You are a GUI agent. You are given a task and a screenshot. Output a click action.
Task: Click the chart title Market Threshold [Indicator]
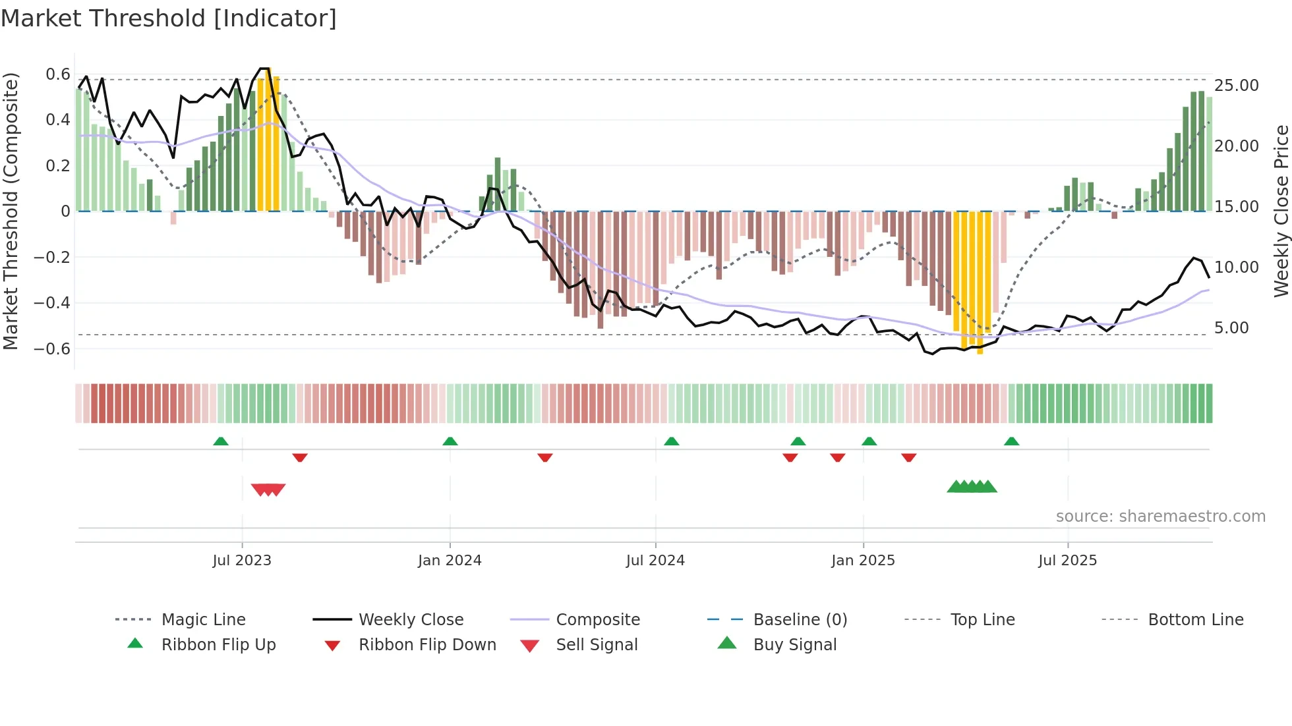(169, 18)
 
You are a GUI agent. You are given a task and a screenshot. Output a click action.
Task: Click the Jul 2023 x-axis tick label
(242, 560)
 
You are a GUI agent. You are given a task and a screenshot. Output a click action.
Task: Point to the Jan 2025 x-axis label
(863, 560)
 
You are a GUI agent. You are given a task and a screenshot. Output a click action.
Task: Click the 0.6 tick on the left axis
(57, 74)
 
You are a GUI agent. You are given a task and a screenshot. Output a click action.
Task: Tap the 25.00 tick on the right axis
(1236, 85)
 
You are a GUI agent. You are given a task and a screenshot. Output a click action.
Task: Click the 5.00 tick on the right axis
(1231, 327)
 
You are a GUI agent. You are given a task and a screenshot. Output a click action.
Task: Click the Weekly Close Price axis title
(1281, 211)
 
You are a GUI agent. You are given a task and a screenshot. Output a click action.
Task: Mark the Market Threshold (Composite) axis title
(11, 211)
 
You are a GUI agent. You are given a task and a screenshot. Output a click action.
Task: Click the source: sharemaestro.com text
(1160, 516)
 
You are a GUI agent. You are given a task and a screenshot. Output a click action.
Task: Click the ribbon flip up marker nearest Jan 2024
(450, 441)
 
